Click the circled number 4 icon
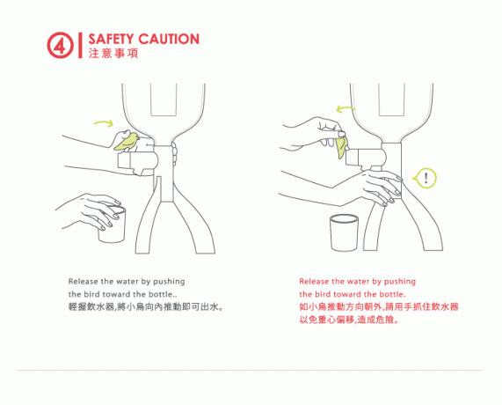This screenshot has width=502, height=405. (x=60, y=45)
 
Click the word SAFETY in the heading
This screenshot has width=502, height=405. (x=111, y=39)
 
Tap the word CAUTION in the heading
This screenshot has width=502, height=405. (x=169, y=39)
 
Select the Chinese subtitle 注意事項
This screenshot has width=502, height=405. (x=113, y=53)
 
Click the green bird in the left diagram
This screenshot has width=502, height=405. (x=127, y=141)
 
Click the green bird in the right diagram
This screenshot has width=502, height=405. (x=341, y=146)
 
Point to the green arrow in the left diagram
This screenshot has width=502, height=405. (x=104, y=122)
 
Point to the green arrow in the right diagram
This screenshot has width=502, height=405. (x=346, y=110)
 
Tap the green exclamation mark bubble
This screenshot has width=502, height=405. (x=425, y=178)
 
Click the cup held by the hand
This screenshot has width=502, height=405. (x=112, y=225)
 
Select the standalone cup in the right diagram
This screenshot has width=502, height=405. (x=344, y=232)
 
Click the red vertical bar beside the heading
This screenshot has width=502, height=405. (x=80, y=45)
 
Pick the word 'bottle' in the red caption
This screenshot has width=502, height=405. (x=391, y=294)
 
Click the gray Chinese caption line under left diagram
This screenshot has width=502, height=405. (x=146, y=307)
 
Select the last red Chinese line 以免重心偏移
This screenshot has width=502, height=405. (x=349, y=320)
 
